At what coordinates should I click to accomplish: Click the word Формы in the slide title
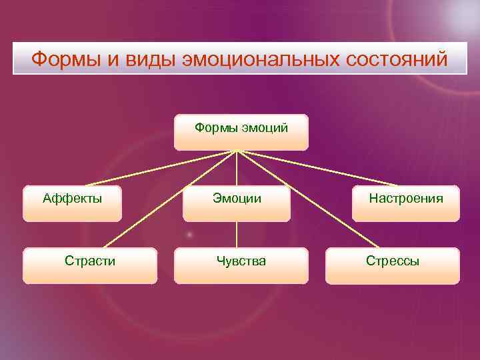(x=65, y=59)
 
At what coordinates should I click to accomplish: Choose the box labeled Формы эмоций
(x=241, y=131)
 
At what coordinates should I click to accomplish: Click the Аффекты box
(x=72, y=203)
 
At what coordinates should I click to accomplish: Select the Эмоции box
(x=237, y=203)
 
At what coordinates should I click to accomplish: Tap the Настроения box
(x=406, y=203)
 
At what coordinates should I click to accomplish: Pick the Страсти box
(x=90, y=265)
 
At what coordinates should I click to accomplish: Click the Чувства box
(x=241, y=265)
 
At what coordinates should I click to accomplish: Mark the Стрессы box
(x=392, y=265)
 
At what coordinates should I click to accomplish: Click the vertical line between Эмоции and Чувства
(x=237, y=235)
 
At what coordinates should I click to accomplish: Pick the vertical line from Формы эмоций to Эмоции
(x=237, y=170)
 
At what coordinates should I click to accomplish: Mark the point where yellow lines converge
(x=237, y=151)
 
